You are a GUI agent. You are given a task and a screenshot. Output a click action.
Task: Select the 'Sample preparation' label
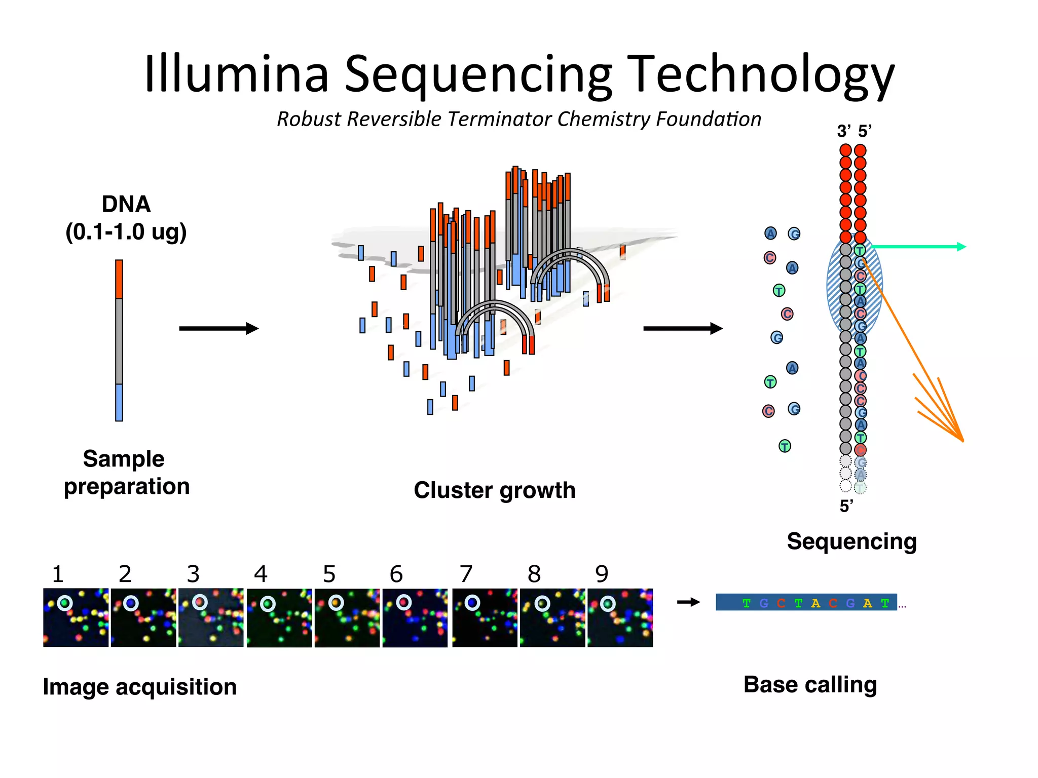point(126,472)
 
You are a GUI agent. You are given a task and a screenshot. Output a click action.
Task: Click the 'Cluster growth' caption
point(494,490)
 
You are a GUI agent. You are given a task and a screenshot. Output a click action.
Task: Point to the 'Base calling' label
point(810,684)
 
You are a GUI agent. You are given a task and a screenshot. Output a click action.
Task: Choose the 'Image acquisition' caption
point(140,687)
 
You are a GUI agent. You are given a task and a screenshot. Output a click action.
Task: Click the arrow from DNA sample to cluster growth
point(218,329)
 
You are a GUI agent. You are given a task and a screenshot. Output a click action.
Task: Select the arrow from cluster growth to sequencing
point(682,329)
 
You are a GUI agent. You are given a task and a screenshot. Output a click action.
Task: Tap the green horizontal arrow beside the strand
point(917,247)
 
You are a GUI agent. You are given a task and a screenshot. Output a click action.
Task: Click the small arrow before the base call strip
point(688,602)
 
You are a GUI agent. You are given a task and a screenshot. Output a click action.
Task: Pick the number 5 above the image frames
point(329,574)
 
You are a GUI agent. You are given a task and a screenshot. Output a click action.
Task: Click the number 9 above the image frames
point(602,574)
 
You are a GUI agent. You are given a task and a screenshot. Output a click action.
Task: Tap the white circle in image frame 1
point(65,603)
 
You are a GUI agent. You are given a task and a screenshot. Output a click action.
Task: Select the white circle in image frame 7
point(472,603)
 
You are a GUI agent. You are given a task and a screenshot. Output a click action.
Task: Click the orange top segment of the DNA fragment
point(119,279)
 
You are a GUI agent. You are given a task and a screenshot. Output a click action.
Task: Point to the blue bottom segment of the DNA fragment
point(119,402)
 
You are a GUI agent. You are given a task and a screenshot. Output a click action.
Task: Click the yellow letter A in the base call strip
point(815,603)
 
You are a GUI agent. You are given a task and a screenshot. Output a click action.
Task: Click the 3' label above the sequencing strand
point(844,132)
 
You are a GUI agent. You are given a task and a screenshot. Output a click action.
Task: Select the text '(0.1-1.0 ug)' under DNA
point(126,232)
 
